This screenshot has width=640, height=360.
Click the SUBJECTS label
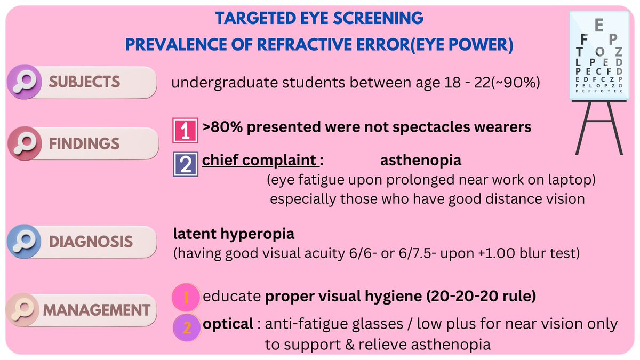pos(84,82)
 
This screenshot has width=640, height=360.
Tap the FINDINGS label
pos(84,144)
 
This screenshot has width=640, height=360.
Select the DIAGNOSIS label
pos(91,241)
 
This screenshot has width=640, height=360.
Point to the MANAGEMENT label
pos(96,310)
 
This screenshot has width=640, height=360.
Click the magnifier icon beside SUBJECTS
pos(25,82)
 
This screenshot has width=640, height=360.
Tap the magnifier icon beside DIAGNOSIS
pos(25,241)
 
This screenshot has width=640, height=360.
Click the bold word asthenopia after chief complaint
pos(421,161)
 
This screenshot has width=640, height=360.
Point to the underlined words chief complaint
pos(260,161)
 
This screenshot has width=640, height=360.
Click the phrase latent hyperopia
pos(234,234)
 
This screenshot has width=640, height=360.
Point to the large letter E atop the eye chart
pos(599,25)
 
